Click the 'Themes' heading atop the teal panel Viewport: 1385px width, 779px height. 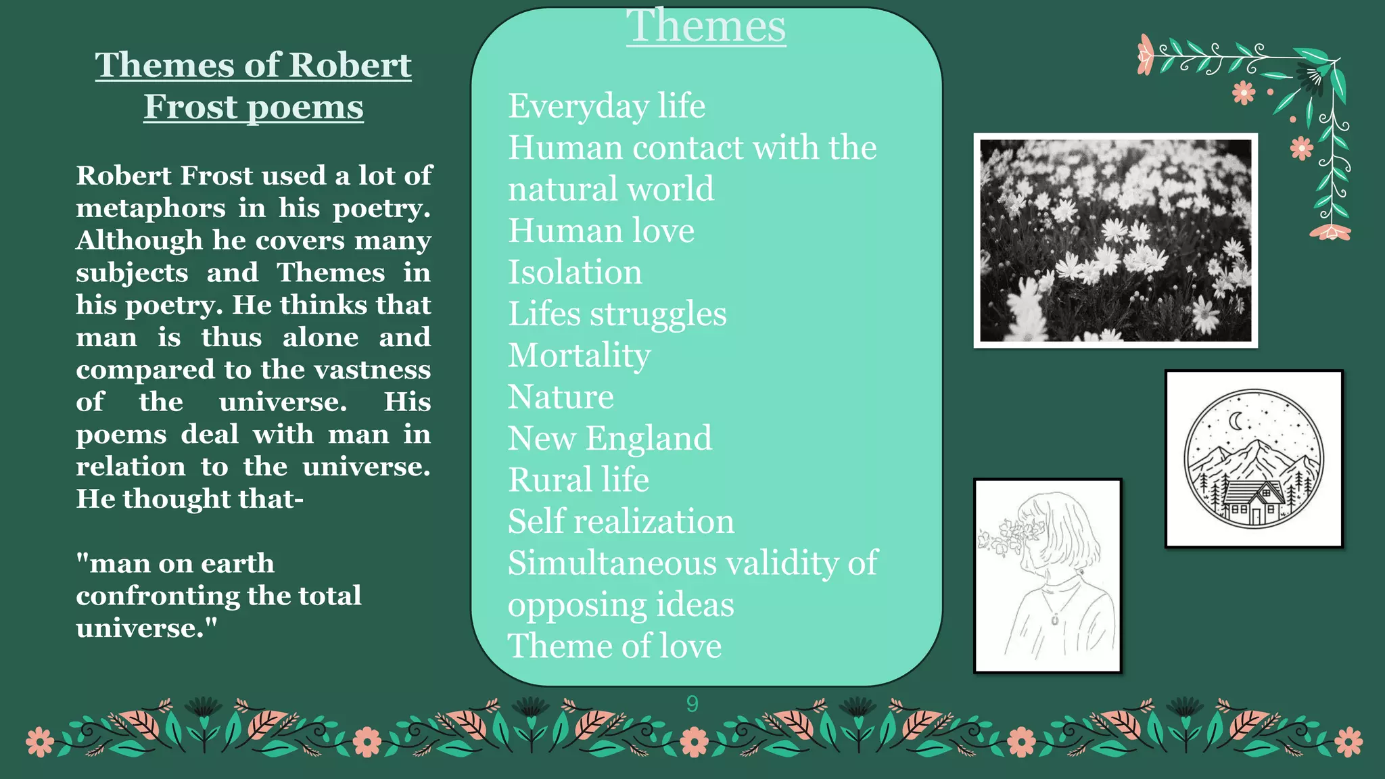pos(705,27)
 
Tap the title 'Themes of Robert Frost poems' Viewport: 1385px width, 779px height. pos(253,86)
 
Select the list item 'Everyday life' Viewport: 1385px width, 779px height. pos(607,106)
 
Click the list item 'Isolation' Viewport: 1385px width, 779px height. pos(575,273)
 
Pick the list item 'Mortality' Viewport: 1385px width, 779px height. pos(579,356)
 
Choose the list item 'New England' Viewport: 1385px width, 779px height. pos(609,439)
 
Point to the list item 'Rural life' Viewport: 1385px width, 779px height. pos(578,480)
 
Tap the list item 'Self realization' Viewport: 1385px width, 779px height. pos(621,522)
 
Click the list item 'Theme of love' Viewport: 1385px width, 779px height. pos(614,646)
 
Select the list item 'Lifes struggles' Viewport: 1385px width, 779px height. pos(617,314)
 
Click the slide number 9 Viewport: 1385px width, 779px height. pos(692,704)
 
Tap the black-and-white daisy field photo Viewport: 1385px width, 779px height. pos(1115,241)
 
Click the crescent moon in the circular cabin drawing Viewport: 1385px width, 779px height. pos(1236,421)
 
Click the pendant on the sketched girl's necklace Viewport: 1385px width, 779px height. pos(1055,618)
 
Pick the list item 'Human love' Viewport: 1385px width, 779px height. pos(601,231)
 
